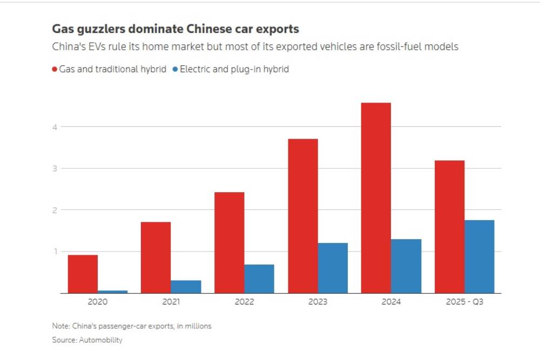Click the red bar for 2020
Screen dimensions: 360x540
pyautogui.click(x=83, y=274)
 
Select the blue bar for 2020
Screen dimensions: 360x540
pyautogui.click(x=112, y=291)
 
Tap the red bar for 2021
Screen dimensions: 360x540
pyautogui.click(x=156, y=257)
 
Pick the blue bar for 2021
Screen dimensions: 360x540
pyautogui.click(x=186, y=287)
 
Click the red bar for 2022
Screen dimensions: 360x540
pyautogui.click(x=229, y=242)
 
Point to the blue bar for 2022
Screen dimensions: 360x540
pyautogui.click(x=259, y=279)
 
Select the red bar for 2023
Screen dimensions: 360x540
pyautogui.click(x=302, y=216)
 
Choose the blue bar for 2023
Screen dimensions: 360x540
pyautogui.click(x=333, y=268)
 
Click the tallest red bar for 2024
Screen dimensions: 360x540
pyautogui.click(x=376, y=198)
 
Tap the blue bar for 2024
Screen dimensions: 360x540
pyautogui.click(x=406, y=266)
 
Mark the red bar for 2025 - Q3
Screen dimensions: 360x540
pyautogui.click(x=449, y=227)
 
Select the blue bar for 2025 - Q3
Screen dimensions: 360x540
pyautogui.click(x=480, y=256)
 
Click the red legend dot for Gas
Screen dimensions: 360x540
pyautogui.click(x=55, y=69)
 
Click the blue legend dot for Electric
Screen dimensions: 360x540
pyautogui.click(x=175, y=69)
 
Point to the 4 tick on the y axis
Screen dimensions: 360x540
pyautogui.click(x=55, y=127)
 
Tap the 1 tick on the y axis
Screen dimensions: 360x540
pyautogui.click(x=55, y=252)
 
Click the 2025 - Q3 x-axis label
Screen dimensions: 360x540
pyautogui.click(x=464, y=302)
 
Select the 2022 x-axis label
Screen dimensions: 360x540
pyautogui.click(x=244, y=302)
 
